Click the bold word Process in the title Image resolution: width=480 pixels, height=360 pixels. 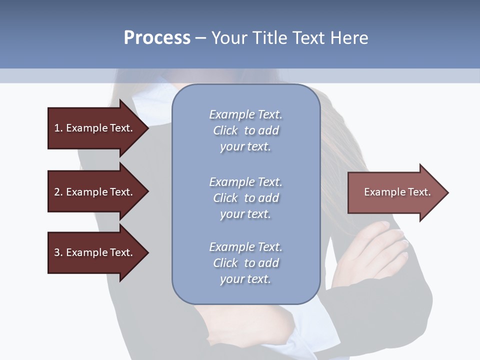pos(157,38)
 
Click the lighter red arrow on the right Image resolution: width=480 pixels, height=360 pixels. pos(395,192)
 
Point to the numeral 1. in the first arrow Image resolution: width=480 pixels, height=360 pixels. pos(58,128)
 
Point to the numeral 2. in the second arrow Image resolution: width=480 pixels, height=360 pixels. pos(58,192)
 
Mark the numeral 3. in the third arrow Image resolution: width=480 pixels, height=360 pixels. pos(58,252)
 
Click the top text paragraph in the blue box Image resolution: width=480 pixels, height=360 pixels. pos(245,130)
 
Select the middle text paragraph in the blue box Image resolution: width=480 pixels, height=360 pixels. pos(245,198)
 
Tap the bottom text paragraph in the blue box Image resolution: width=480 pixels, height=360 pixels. pos(245,263)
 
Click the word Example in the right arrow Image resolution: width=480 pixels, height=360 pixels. pos(381,192)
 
